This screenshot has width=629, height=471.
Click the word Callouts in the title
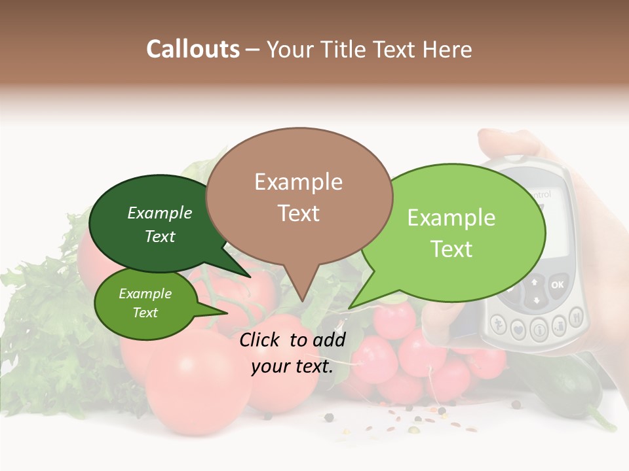193,50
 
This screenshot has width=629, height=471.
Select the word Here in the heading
448,50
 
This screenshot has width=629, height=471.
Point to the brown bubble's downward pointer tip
302,301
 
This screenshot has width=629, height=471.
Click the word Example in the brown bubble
298,182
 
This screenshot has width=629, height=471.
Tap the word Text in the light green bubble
451,249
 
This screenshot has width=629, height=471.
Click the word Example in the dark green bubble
159,213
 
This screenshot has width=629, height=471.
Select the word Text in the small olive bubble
145,313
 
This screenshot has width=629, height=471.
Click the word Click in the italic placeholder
261,340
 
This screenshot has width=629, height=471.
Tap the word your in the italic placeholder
270,367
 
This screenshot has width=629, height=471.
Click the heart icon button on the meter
518,330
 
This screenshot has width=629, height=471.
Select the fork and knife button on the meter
577,319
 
